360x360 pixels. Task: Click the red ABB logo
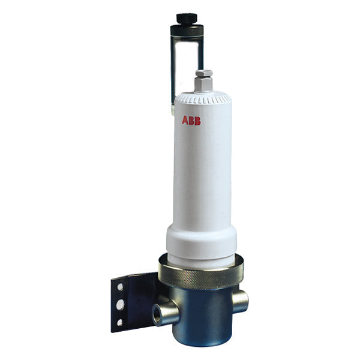pos(191,121)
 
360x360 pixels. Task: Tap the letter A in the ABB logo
pos(185,121)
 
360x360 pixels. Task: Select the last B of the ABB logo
pos(198,121)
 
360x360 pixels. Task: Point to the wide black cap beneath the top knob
pos(187,29)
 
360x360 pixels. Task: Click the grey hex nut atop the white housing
pos(203,77)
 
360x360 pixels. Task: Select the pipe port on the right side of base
pos(240,301)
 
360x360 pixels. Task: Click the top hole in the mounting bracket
pos(119,287)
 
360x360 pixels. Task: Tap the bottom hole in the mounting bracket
pos(120,323)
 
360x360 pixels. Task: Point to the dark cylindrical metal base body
pos(204,318)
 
